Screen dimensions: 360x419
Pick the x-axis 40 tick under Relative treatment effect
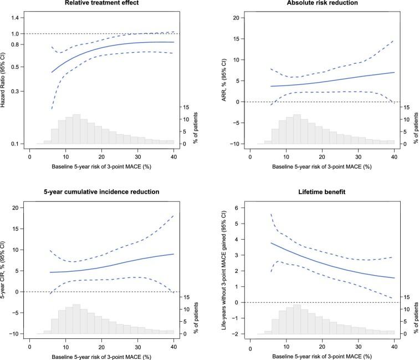tap(173, 157)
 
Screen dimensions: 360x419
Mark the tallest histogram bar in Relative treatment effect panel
tap(76, 129)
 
